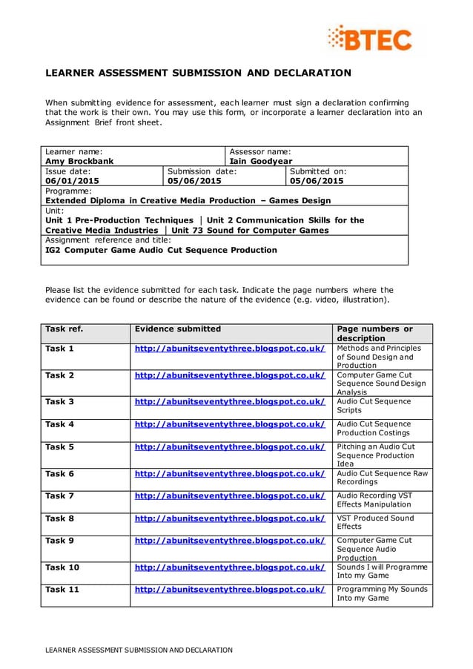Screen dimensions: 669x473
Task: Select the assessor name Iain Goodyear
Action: click(261, 161)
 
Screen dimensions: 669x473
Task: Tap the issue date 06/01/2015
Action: click(72, 180)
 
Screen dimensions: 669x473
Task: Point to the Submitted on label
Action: click(318, 171)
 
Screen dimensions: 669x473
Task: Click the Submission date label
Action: click(202, 171)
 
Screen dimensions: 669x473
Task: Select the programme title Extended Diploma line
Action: click(188, 200)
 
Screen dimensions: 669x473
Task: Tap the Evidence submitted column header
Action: click(177, 329)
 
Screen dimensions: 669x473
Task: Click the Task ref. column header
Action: click(64, 329)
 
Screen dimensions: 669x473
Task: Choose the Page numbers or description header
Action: click(375, 333)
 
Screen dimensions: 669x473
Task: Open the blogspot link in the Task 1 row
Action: click(230, 348)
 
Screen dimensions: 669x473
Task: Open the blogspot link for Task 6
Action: click(230, 473)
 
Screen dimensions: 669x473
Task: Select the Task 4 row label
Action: click(60, 424)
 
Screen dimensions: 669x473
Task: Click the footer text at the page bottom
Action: click(136, 650)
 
